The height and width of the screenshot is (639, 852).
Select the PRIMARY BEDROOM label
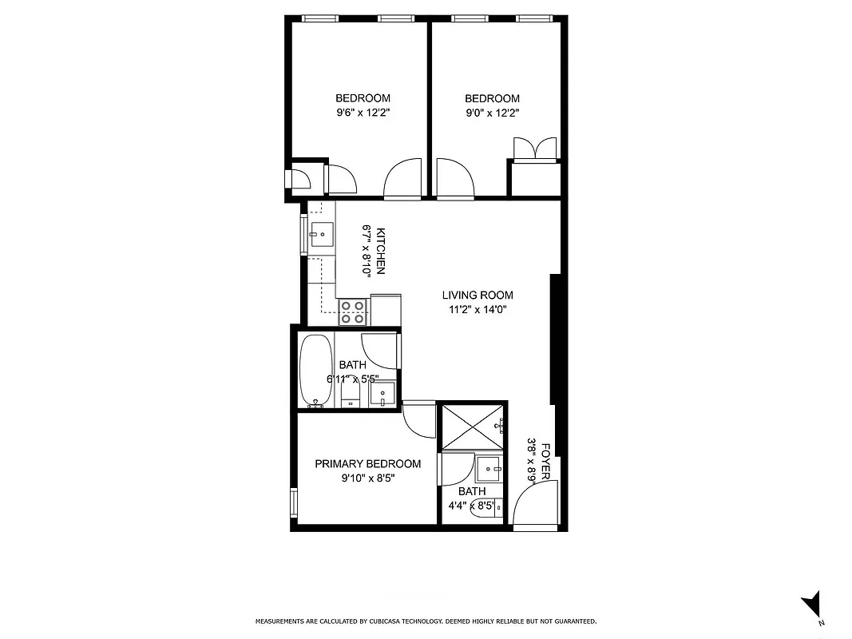[367, 464]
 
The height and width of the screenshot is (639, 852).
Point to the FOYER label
[546, 462]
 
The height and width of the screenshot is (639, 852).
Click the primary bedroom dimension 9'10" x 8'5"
[367, 478]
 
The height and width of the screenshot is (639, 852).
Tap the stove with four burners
[353, 311]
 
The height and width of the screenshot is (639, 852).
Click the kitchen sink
[323, 235]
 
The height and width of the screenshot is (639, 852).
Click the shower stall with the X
[473, 427]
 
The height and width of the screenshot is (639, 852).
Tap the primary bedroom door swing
[418, 416]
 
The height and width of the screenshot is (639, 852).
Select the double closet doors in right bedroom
[534, 149]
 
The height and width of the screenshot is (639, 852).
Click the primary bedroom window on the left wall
[294, 502]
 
